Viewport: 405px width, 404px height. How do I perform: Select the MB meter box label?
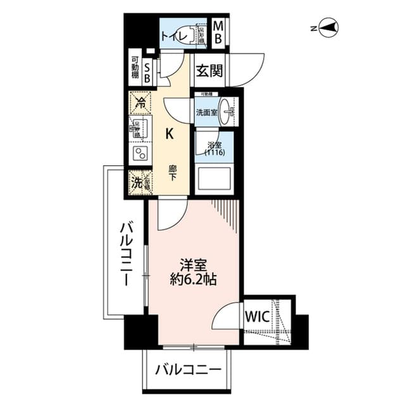coord(218,33)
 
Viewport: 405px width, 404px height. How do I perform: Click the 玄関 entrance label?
coord(208,71)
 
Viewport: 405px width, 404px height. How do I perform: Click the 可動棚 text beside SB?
coord(135,69)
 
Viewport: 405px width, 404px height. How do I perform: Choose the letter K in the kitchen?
coord(170,133)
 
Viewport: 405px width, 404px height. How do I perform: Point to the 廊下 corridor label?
coord(172,173)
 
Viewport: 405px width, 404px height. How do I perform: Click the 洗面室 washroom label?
coord(206,113)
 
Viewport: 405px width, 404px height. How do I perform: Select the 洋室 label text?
coord(193,264)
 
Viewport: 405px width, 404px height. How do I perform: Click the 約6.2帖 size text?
coord(193,279)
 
